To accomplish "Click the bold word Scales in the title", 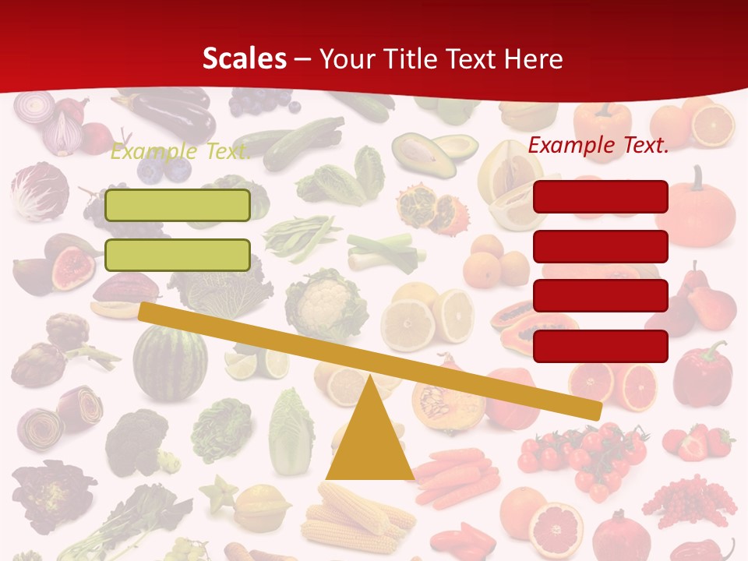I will pyautogui.click(x=244, y=58).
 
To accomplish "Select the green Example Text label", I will pyautogui.click(x=181, y=151).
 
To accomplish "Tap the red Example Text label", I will pyautogui.click(x=598, y=145).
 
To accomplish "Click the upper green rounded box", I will pyautogui.click(x=178, y=205).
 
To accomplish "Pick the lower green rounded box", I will pyautogui.click(x=178, y=255).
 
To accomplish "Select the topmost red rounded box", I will pyautogui.click(x=600, y=196).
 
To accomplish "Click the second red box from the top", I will pyautogui.click(x=600, y=246).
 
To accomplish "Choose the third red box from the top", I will pyautogui.click(x=600, y=295).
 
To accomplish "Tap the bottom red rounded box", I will pyautogui.click(x=600, y=345).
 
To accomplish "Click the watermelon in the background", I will pyautogui.click(x=170, y=362).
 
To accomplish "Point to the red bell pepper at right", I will pyautogui.click(x=702, y=374).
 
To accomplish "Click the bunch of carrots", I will pyautogui.click(x=457, y=475).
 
